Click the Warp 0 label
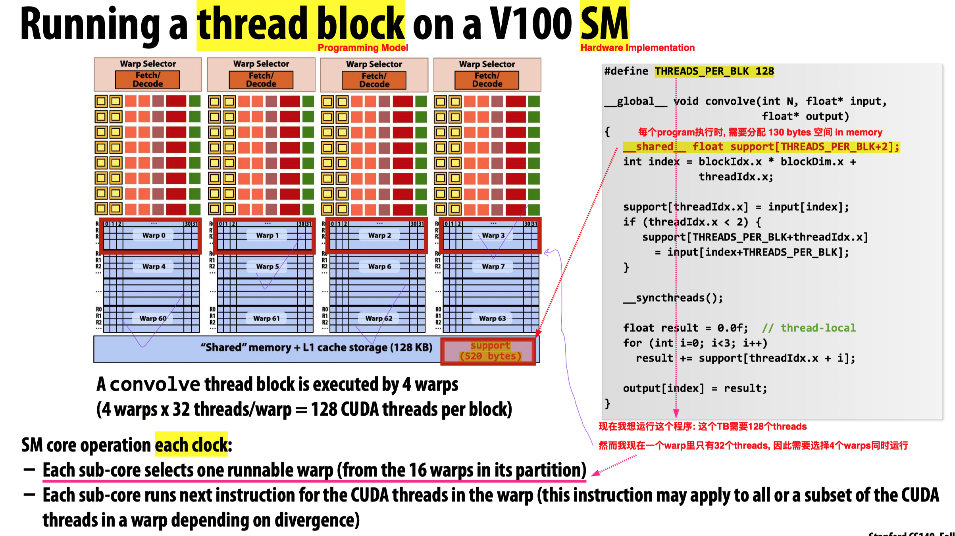click(x=154, y=235)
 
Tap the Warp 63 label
click(x=492, y=318)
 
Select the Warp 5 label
click(x=267, y=266)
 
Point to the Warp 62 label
click(x=379, y=318)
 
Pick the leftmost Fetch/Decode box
click(x=148, y=80)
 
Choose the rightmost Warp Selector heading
click(x=487, y=64)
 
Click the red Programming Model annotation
click(x=363, y=48)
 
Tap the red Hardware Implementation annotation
click(x=637, y=48)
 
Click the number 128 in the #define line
click(x=764, y=71)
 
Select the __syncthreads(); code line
click(x=673, y=298)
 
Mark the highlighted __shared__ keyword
click(x=655, y=147)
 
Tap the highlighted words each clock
click(x=191, y=445)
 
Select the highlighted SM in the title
click(x=605, y=25)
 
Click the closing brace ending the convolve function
click(x=607, y=404)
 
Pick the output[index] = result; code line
click(x=695, y=388)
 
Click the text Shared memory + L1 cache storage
click(x=316, y=348)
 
